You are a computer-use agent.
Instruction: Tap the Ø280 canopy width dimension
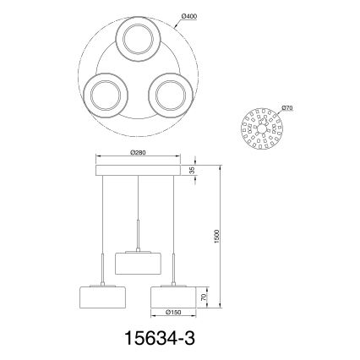(139, 153)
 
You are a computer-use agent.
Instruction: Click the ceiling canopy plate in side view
(139, 171)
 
